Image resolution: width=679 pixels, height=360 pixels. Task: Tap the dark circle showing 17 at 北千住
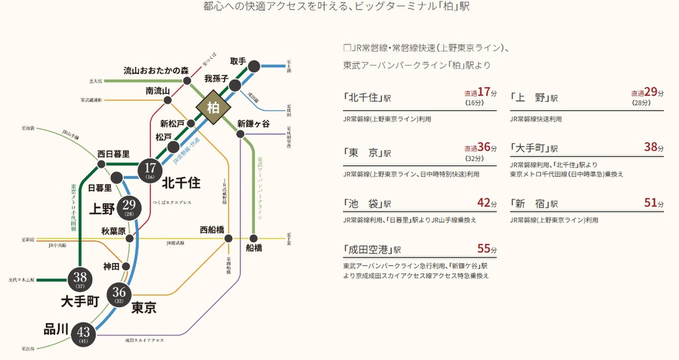click(150, 169)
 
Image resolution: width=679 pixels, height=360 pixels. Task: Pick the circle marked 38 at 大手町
click(79, 279)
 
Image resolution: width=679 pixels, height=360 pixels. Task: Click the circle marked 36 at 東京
click(119, 294)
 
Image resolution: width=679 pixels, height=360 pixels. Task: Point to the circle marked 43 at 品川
click(84, 335)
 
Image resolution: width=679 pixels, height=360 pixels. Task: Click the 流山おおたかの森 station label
click(156, 71)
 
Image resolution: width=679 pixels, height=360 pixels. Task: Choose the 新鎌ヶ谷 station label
click(253, 123)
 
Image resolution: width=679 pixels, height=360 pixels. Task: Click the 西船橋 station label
click(212, 230)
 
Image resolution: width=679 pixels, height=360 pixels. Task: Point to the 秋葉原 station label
click(113, 231)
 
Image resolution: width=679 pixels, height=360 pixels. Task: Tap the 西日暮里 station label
click(113, 153)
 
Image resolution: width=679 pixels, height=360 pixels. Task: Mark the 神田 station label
click(111, 265)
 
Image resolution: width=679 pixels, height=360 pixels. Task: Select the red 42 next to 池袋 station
click(484, 203)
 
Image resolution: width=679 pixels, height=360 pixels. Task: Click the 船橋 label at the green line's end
click(254, 247)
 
